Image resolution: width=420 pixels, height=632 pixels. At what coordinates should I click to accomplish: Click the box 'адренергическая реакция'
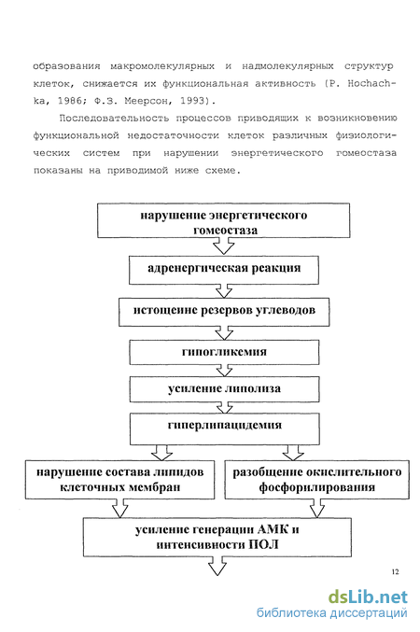coord(224,270)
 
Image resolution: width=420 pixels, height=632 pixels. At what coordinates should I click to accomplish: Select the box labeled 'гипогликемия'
coord(224,352)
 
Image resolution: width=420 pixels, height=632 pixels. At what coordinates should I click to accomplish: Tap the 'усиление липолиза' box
coord(224,389)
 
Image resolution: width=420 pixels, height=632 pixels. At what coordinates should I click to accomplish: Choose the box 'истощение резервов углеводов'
coord(224,312)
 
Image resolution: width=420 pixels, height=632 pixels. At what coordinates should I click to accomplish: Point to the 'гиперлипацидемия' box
coord(225,429)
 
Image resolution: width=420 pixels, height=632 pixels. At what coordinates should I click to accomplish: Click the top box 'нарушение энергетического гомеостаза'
coord(223,220)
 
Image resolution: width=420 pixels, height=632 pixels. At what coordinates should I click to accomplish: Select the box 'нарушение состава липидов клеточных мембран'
coord(119,480)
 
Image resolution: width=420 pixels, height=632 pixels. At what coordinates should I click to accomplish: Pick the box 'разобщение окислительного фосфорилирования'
coord(316,480)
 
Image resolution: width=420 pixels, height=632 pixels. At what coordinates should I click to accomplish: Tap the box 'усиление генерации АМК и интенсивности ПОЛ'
coord(217,538)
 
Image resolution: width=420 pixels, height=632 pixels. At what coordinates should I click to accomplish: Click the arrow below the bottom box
coord(217,566)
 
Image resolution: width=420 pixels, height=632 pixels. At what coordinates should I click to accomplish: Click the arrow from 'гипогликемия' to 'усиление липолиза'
coord(224,371)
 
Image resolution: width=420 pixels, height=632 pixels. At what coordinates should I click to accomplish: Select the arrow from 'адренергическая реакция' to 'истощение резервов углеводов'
coord(224,290)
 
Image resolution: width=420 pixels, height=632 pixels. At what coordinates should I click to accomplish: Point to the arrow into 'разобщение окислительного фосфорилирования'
coord(293,452)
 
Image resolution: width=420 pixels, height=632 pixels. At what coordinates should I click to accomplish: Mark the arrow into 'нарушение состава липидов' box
coord(161,452)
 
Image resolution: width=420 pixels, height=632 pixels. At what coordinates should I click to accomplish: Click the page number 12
coord(395,571)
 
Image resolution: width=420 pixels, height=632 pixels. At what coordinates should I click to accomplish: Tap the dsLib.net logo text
coord(368,597)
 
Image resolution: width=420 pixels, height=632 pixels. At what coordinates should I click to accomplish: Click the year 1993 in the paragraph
coord(192,101)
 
